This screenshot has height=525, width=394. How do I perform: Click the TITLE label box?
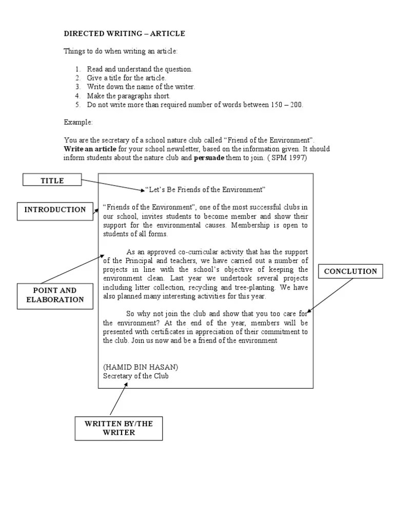52,180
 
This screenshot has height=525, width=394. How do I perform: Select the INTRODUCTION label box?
55,210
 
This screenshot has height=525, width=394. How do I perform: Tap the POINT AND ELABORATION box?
55,295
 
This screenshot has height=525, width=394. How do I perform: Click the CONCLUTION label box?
350,271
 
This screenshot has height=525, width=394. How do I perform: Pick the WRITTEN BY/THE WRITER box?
119,428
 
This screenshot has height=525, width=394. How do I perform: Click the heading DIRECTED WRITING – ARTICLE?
124,34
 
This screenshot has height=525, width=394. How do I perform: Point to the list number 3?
77,87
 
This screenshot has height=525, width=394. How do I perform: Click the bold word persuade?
209,158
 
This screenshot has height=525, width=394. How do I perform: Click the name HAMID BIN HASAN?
141,367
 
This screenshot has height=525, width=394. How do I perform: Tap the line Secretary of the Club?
135,376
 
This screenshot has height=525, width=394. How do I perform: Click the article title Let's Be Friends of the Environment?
205,190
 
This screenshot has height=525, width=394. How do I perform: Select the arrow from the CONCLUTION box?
330,295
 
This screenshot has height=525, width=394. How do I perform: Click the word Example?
78,123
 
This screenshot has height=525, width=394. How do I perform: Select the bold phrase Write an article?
90,149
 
